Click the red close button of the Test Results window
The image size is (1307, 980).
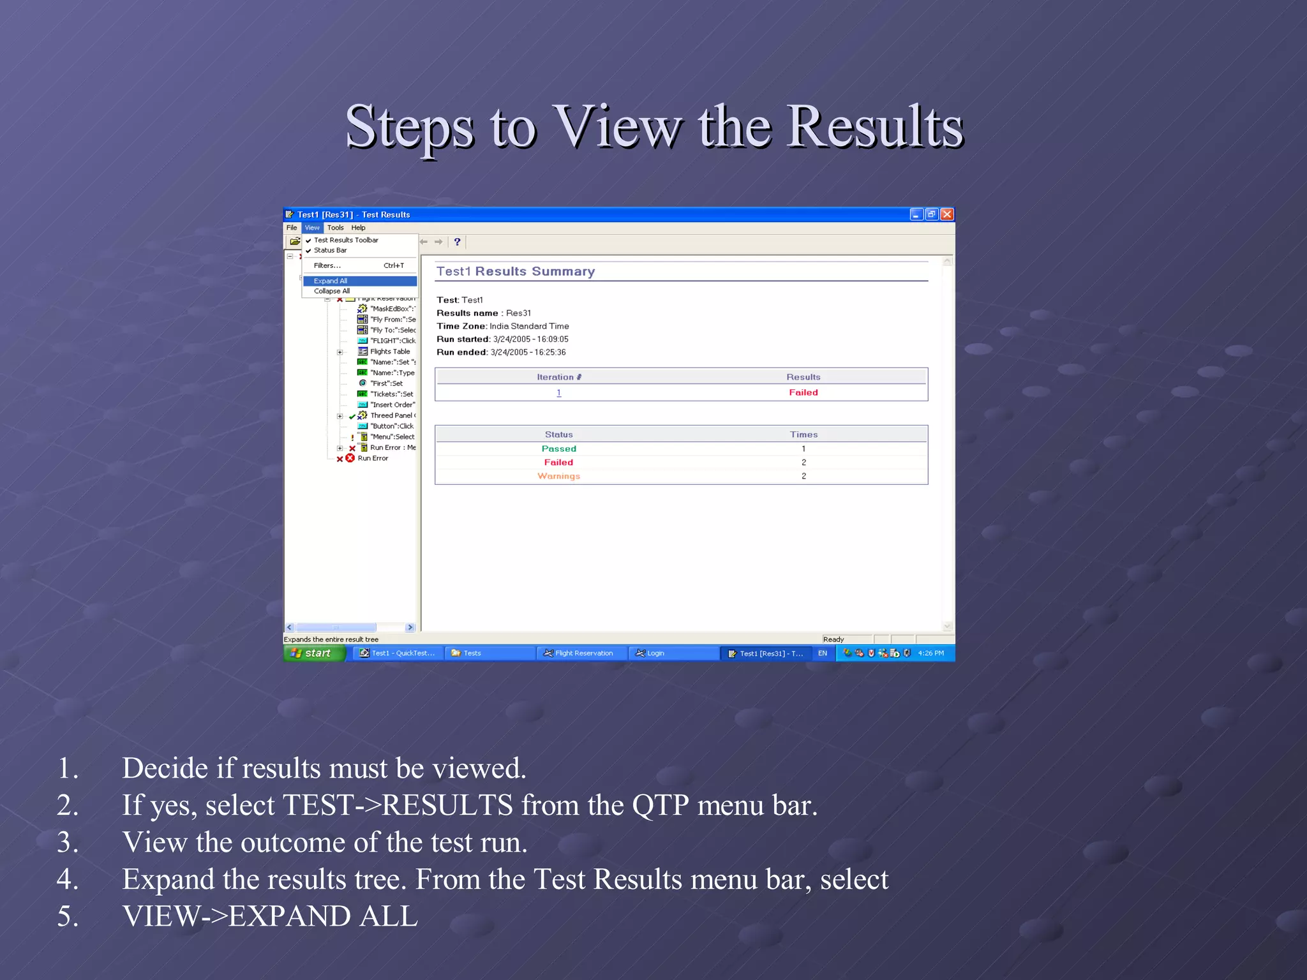948,214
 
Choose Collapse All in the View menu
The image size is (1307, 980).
332,292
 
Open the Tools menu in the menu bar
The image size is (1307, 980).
335,228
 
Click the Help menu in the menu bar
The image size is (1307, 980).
358,228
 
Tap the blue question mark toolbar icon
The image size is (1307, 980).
457,242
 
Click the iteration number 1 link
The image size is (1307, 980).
559,393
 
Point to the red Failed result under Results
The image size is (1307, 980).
803,393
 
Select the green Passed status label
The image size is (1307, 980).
558,449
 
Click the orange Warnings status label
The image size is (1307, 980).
558,477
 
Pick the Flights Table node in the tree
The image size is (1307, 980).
389,352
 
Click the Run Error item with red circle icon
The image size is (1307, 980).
372,459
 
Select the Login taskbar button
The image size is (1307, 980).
655,653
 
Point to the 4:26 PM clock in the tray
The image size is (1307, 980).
930,653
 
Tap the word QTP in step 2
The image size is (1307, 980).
661,806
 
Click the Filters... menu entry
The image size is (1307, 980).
327,265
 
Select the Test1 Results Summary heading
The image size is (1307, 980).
516,272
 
